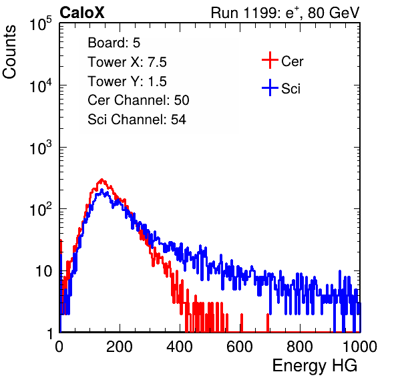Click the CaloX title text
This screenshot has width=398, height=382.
82,13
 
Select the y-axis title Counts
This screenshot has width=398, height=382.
9,52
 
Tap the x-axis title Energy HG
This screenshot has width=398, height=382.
315,366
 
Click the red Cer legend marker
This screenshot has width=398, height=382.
270,60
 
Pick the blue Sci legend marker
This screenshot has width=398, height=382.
270,87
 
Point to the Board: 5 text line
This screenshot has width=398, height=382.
114,43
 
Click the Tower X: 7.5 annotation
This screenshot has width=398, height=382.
127,62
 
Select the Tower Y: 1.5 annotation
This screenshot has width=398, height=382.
127,81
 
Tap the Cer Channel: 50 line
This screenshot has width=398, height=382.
138,100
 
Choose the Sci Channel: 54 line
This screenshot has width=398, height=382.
137,120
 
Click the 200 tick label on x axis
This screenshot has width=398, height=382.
120,347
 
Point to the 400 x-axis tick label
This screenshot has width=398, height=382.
180,347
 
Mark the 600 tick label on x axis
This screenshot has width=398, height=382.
240,347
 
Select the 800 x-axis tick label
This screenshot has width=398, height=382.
300,347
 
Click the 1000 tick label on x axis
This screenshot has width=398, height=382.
360,347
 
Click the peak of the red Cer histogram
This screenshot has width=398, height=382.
102,180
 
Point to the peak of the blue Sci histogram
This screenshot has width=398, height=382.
102,190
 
